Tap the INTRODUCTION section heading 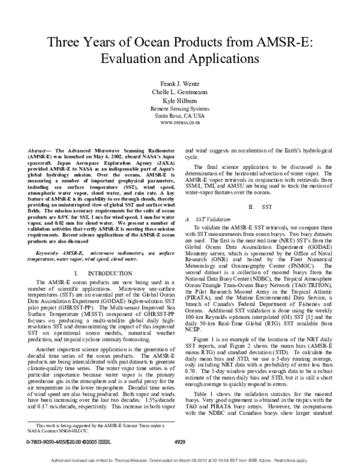[x=106, y=273]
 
